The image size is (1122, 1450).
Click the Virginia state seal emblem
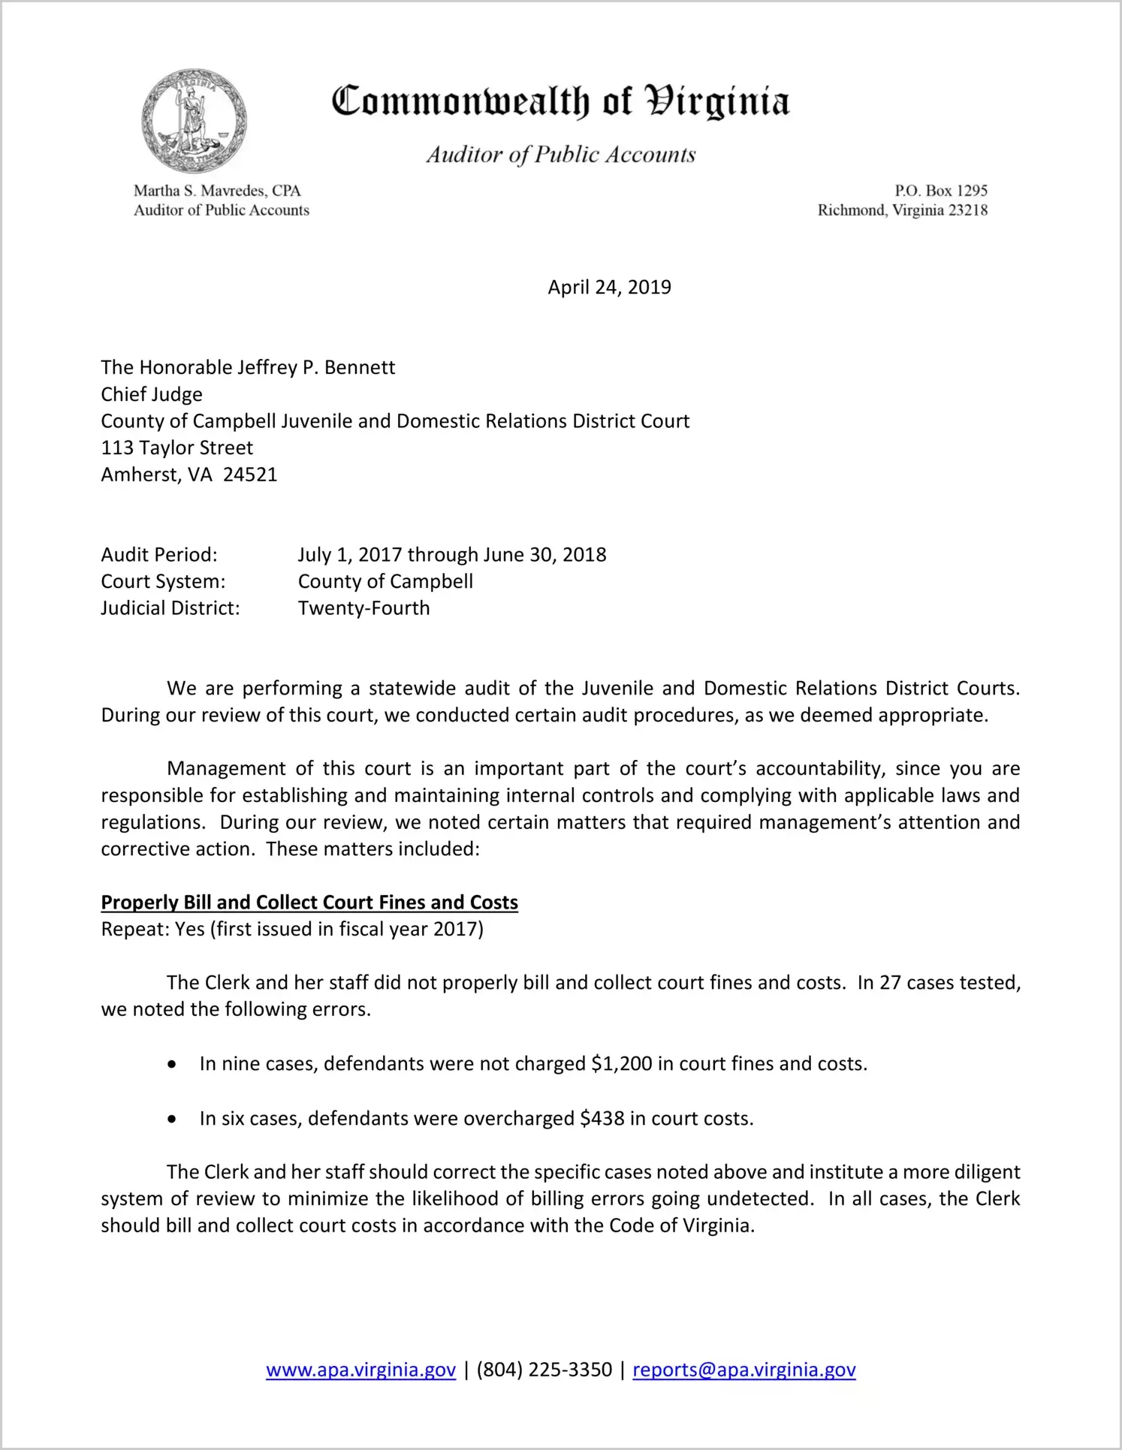195,121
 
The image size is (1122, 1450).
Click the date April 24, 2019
609,288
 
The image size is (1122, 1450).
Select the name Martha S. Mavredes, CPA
217,191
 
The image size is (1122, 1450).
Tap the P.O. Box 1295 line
940,191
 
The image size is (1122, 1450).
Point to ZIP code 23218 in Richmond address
967,210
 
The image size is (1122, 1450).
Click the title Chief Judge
152,394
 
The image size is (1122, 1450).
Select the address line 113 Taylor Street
177,448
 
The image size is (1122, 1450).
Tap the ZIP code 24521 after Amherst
250,475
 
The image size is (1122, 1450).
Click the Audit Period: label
159,555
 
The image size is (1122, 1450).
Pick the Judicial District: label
170,608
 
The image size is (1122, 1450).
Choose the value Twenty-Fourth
363,608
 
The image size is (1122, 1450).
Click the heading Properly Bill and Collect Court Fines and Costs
309,903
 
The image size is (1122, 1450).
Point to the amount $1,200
621,1064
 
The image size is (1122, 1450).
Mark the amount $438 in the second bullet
602,1119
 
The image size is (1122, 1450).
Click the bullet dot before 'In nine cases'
173,1065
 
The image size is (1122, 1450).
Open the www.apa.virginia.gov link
360,1370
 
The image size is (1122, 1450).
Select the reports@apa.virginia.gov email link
743,1370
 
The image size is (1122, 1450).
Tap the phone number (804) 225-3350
544,1370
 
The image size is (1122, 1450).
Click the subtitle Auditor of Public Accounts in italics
561,155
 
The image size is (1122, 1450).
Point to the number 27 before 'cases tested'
890,983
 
